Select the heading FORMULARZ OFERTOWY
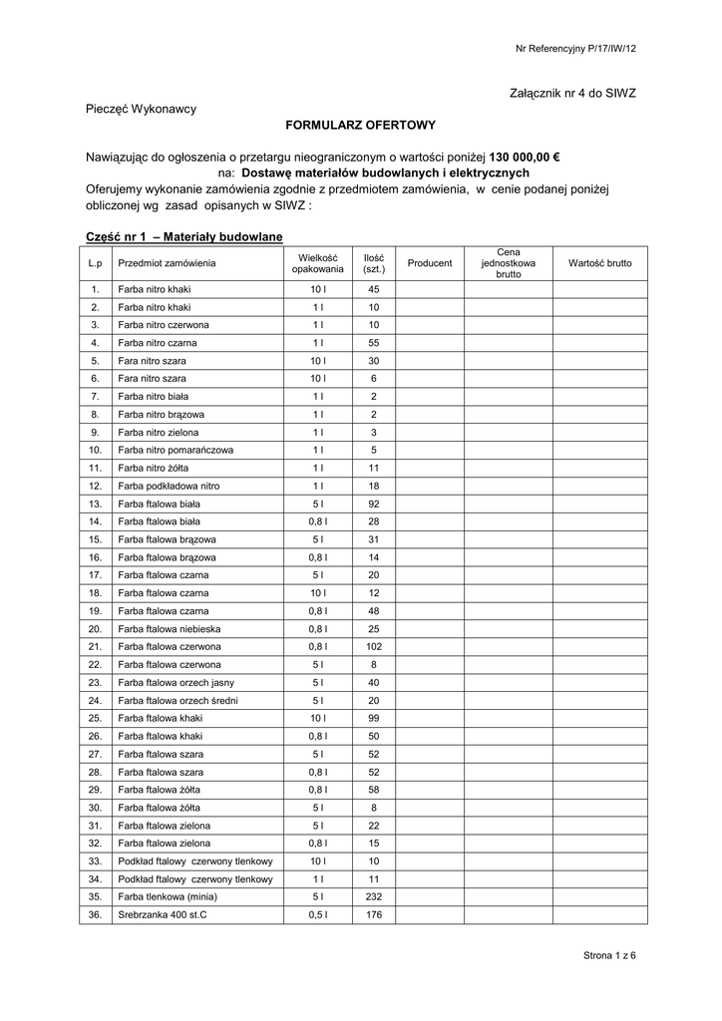point(361,126)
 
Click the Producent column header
point(430,263)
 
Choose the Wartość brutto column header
point(599,263)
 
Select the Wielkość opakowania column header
point(317,263)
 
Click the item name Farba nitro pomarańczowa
point(176,450)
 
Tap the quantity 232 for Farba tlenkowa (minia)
point(374,896)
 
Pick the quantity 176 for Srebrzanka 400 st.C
point(374,914)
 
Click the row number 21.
point(96,646)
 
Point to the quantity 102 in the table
point(374,646)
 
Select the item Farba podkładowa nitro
point(169,486)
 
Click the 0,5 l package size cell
point(317,914)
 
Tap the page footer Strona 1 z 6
point(609,956)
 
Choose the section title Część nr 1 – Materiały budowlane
point(184,235)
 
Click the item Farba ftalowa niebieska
point(170,628)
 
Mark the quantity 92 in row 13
point(374,504)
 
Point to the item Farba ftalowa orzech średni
point(178,700)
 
